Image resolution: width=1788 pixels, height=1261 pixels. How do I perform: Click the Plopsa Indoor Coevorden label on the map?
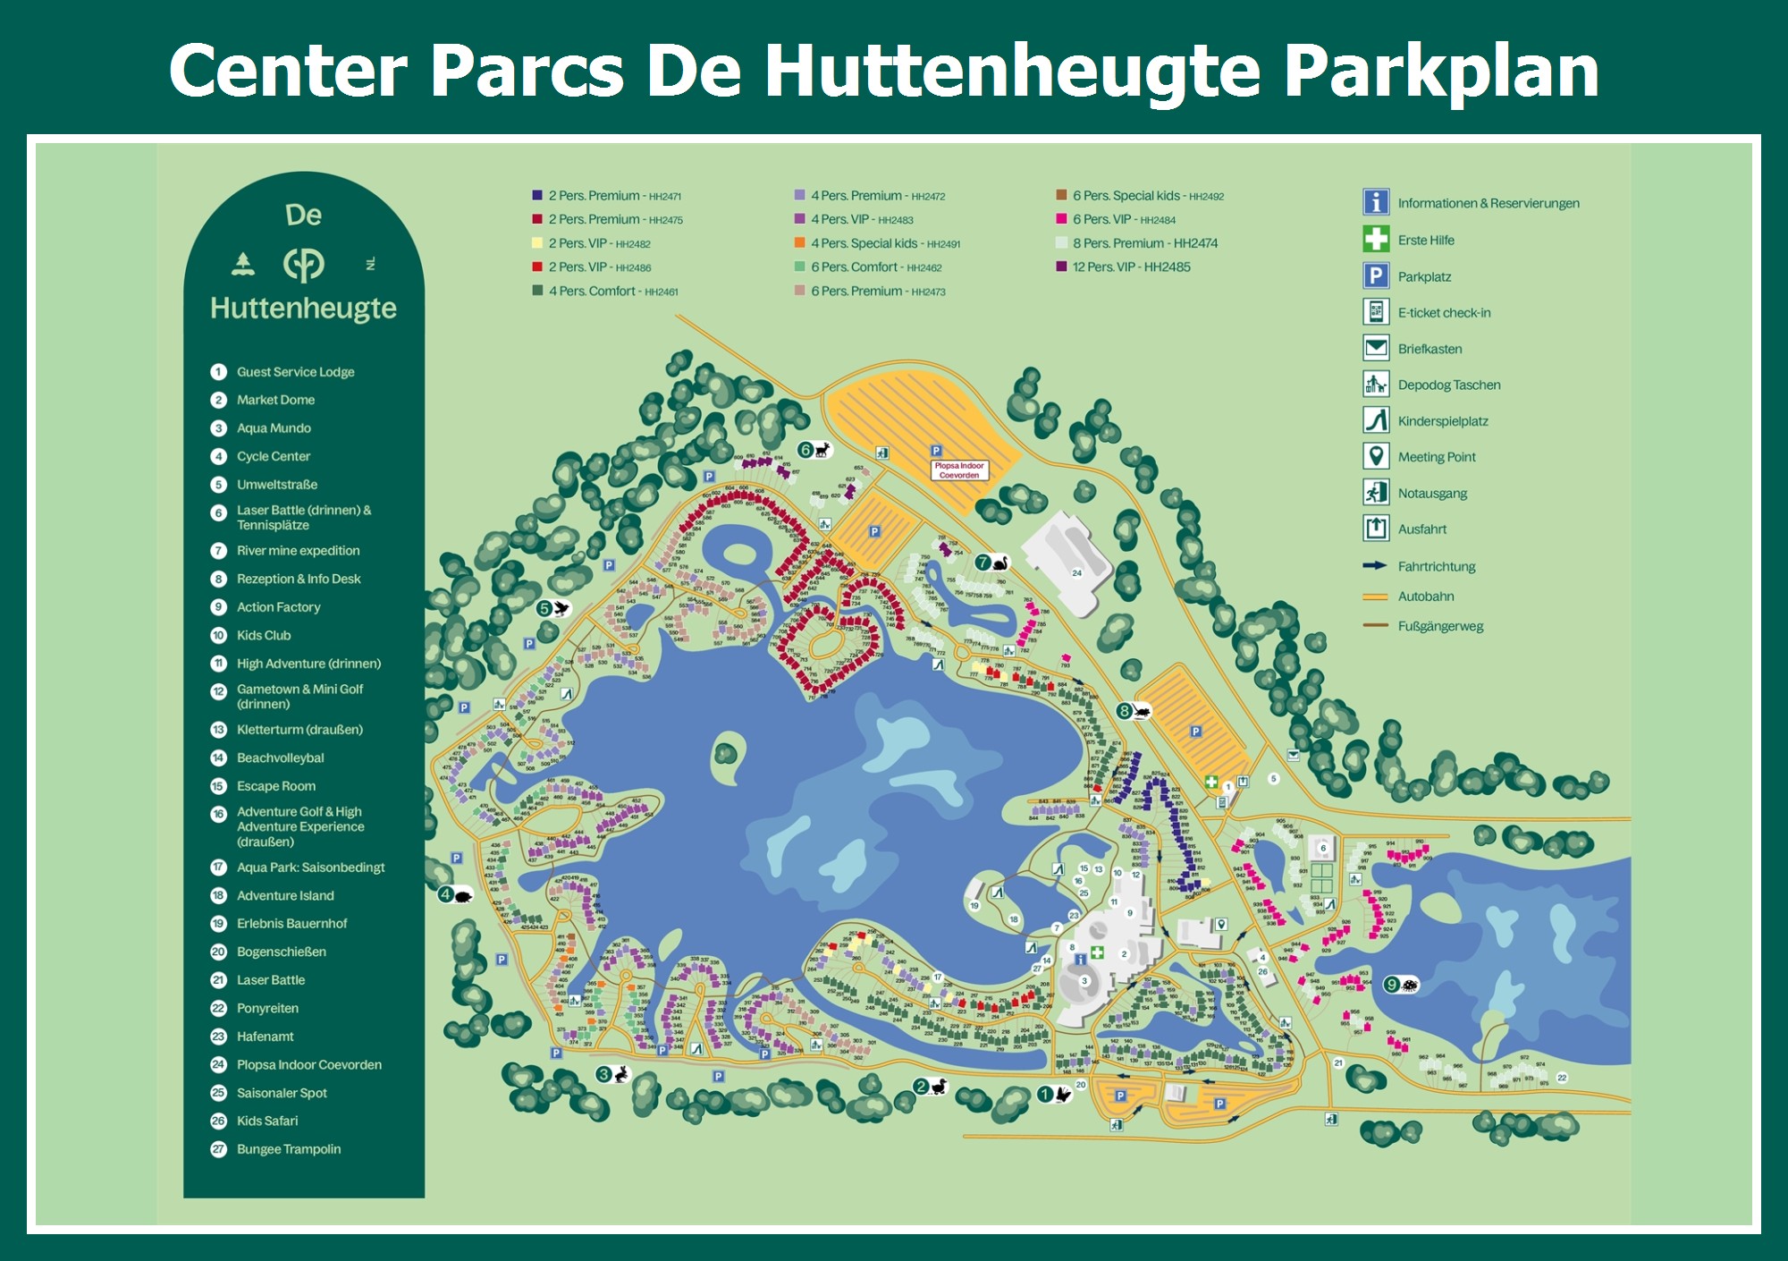point(959,470)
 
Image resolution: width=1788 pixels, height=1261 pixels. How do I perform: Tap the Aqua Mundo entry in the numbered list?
point(274,428)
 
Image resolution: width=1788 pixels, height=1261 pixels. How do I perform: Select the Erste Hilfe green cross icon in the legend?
point(1376,239)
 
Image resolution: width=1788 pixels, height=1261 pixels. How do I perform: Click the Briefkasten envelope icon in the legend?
point(1376,348)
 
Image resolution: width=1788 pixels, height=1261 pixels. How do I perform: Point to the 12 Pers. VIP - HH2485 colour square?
point(1061,267)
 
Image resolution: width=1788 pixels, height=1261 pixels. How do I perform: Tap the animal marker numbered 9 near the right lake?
point(1401,985)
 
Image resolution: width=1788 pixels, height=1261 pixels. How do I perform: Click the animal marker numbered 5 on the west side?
point(553,609)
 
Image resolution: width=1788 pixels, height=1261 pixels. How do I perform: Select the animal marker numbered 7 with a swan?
point(991,563)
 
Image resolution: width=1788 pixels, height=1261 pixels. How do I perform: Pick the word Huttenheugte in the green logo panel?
point(303,309)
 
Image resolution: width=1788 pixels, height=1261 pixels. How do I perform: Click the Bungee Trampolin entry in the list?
point(288,1149)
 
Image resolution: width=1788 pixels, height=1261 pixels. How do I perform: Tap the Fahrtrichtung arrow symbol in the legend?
point(1374,566)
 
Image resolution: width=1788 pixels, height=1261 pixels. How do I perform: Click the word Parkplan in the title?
point(1441,72)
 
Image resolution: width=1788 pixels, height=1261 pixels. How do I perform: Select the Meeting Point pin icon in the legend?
point(1376,456)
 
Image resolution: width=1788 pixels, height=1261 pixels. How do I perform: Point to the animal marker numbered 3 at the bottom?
point(613,1074)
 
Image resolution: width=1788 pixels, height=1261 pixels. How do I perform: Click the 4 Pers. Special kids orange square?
point(799,243)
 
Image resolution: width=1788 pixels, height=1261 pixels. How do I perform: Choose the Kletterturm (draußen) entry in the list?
point(299,730)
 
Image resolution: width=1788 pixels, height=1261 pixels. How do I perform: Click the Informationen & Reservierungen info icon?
point(1376,202)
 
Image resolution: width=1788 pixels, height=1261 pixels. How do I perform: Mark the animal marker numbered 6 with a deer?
point(814,450)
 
